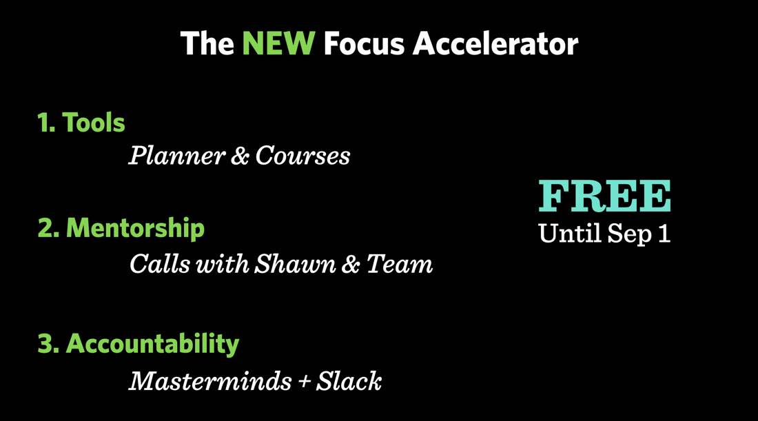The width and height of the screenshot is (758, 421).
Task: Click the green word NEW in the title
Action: [x=278, y=43]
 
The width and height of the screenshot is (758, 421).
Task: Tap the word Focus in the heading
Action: [x=364, y=43]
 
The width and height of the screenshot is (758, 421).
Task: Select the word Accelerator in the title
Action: [x=495, y=43]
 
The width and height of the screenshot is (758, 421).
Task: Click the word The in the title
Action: [x=207, y=43]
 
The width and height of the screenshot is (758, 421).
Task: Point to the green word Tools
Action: [x=94, y=122]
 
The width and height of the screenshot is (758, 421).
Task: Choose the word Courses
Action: [x=303, y=156]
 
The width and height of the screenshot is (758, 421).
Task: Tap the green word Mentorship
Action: [x=135, y=228]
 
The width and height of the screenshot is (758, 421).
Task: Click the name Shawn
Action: [x=295, y=264]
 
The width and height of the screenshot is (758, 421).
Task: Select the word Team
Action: [x=400, y=264]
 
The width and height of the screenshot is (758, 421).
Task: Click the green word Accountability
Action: [x=153, y=345]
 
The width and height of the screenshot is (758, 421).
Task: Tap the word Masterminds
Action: [x=210, y=381]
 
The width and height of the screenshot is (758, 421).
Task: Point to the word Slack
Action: [x=349, y=381]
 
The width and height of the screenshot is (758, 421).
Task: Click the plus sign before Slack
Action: [x=304, y=382]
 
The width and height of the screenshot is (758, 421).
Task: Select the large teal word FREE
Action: [x=605, y=196]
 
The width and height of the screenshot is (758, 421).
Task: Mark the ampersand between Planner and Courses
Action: [x=240, y=156]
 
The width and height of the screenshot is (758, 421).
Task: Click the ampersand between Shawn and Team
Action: [x=351, y=265]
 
